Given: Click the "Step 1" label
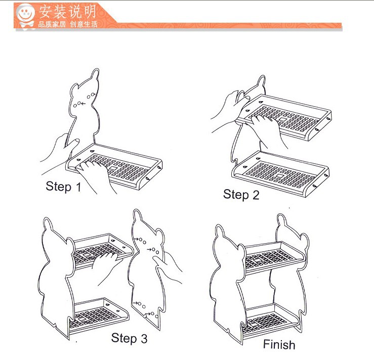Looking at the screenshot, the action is (63, 187).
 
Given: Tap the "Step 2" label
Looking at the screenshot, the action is (241, 195).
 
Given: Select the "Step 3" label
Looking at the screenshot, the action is (129, 338).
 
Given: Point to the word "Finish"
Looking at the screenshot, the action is (279, 344).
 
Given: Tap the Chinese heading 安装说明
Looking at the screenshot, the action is (67, 12).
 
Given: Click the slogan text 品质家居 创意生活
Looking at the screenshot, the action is (68, 24).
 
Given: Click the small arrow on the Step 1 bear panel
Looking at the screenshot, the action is (83, 104).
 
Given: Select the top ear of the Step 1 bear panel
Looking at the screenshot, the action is (95, 74).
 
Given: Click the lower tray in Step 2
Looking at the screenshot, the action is (280, 173).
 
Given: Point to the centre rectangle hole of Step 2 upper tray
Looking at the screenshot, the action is (283, 119).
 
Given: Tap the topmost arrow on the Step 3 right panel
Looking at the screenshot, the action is (136, 239).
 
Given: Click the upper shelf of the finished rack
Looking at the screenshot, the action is (274, 257).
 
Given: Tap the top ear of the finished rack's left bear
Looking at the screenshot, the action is (220, 231).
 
